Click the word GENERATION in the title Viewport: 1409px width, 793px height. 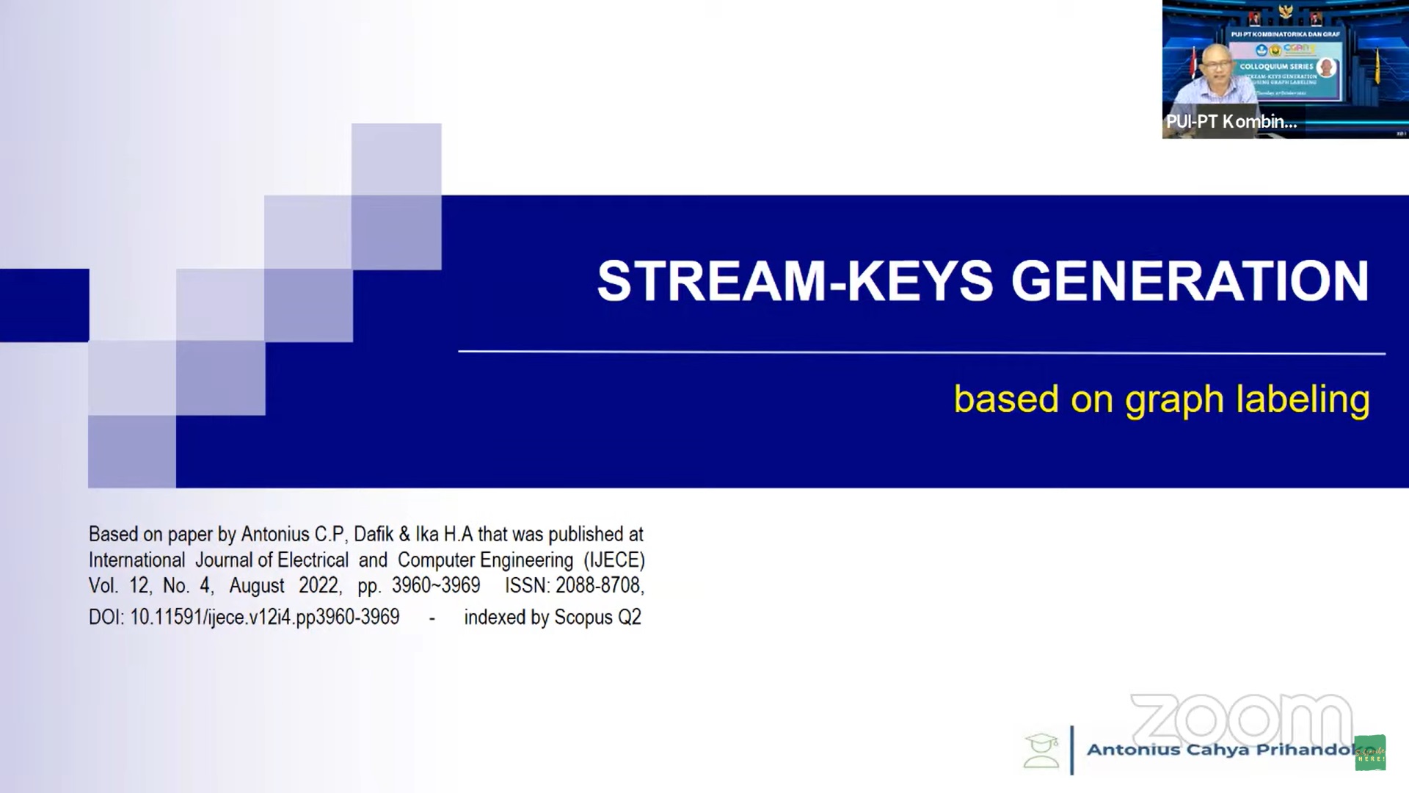pyautogui.click(x=1190, y=281)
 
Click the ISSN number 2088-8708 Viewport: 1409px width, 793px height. pyautogui.click(x=598, y=585)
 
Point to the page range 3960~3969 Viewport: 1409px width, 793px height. pyautogui.click(x=436, y=585)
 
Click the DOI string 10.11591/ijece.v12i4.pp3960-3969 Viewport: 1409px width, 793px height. pyautogui.click(x=265, y=617)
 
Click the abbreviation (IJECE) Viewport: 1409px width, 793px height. pyautogui.click(x=614, y=560)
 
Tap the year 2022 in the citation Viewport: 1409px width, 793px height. pyautogui.click(x=318, y=585)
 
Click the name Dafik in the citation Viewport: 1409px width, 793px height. pyautogui.click(x=374, y=534)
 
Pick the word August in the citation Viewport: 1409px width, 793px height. pyautogui.click(x=256, y=585)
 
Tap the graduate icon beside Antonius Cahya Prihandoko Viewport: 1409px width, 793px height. pyautogui.click(x=1041, y=750)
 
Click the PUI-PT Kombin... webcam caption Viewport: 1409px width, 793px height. pyautogui.click(x=1231, y=122)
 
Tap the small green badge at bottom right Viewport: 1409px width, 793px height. pyautogui.click(x=1369, y=753)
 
